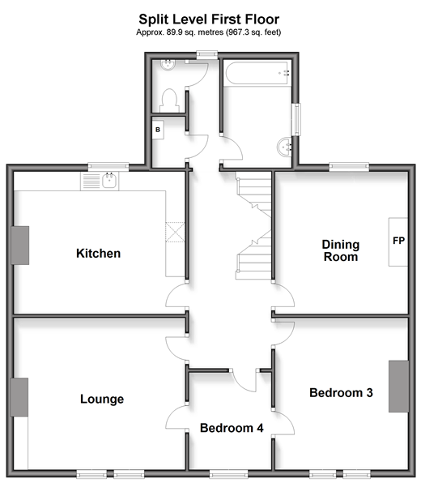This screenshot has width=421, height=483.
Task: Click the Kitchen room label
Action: pos(98,254)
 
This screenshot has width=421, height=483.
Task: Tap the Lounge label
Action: pos(102,400)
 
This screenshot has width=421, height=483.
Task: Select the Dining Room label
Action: pos(341,250)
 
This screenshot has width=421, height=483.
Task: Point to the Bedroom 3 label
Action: pos(341,393)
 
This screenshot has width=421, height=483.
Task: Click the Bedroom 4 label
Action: pos(232,428)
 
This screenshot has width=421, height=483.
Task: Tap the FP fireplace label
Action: pos(398,240)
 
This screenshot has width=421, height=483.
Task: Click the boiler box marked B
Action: pos(158,130)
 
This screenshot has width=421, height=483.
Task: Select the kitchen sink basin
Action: pos(109,181)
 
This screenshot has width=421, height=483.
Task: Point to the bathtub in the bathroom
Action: pos(257,73)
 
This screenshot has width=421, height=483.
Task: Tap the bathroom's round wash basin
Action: pos(284,147)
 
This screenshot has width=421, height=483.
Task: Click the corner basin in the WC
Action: pos(168,66)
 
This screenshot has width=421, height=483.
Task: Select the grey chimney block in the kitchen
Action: pos(20,246)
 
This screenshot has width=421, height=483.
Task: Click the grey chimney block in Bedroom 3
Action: pos(398,387)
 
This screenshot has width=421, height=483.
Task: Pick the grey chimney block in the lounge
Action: pos(19,397)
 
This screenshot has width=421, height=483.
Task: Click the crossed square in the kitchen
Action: pos(175,232)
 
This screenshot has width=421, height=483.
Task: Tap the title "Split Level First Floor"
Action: pos(209,19)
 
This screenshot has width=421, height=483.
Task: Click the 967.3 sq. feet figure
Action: pos(254,32)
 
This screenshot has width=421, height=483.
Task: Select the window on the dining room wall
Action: pos(349,167)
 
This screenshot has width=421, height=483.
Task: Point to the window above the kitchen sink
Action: pos(108,167)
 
